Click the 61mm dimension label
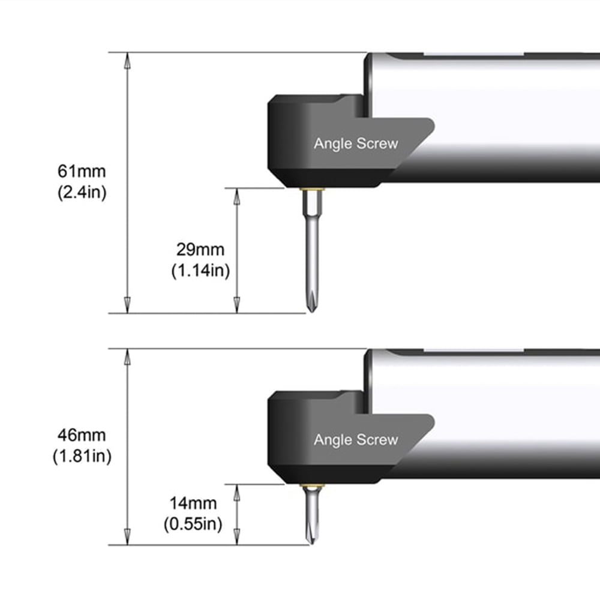82,171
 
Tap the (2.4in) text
82,192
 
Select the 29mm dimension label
200,250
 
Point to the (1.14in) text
200,271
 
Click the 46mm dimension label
82,435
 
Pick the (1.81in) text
82,456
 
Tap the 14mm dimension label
193,503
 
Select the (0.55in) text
193,524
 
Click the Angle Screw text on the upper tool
356,143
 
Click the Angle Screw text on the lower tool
356,440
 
